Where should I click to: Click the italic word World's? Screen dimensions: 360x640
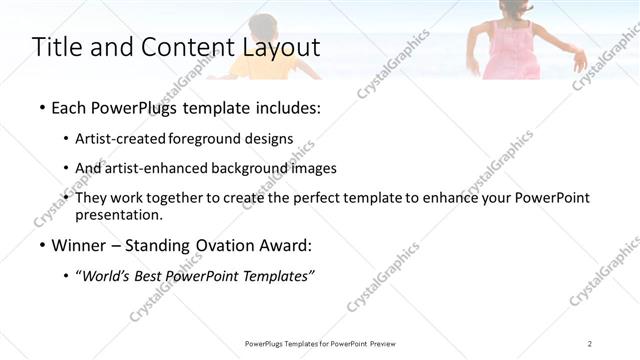pyautogui.click(x=108, y=276)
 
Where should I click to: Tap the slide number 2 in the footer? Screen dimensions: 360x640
pyautogui.click(x=590, y=343)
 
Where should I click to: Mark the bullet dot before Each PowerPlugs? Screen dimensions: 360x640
pyautogui.click(x=41, y=108)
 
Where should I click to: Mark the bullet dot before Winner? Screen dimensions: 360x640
pyautogui.click(x=41, y=246)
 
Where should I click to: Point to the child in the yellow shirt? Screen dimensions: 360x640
pyautogui.click(x=265, y=50)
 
